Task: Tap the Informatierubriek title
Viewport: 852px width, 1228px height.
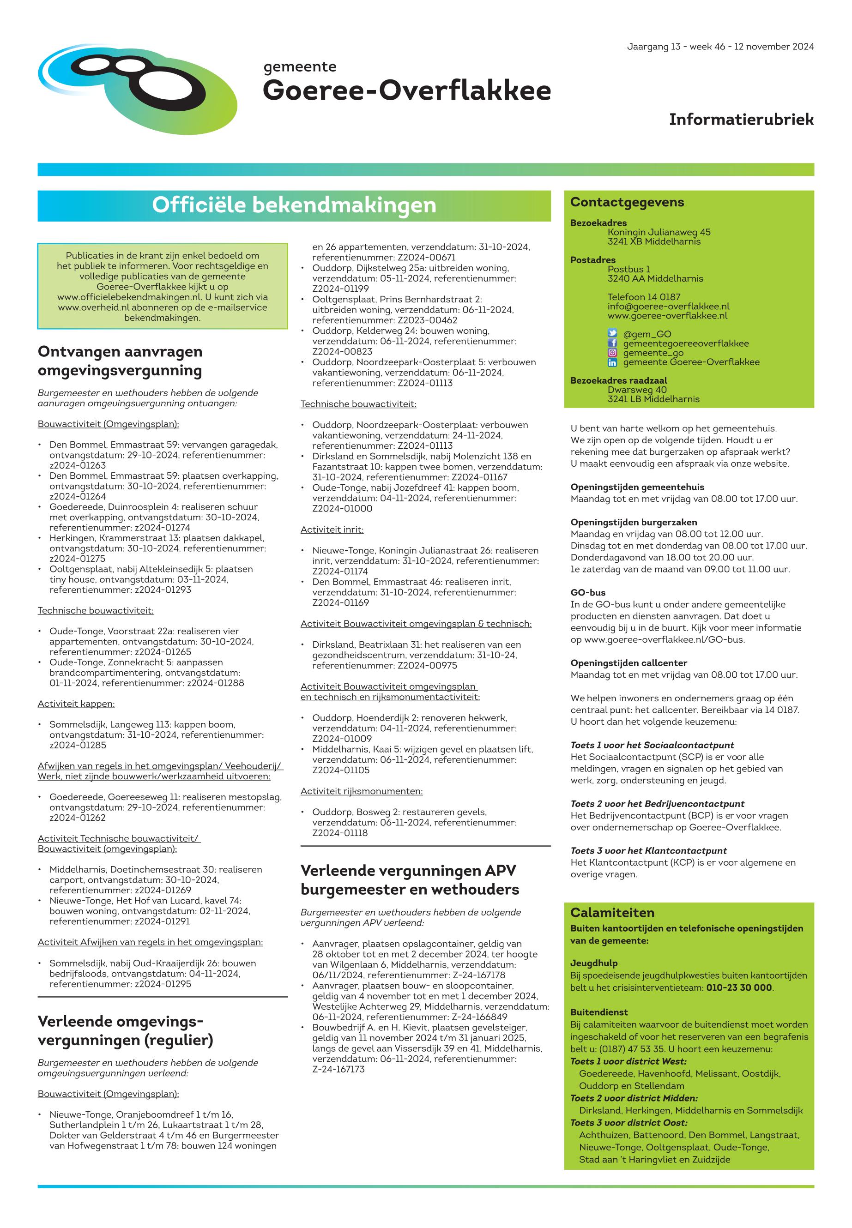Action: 741,120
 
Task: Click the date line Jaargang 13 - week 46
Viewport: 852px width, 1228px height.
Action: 720,47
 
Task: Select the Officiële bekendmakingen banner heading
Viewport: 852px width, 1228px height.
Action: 294,205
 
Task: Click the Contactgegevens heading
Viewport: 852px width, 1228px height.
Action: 627,202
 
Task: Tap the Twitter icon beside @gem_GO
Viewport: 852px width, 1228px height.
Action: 612,334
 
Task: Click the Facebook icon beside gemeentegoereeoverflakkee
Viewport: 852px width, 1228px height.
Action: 612,343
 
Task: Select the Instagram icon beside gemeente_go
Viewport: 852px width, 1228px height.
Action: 612,353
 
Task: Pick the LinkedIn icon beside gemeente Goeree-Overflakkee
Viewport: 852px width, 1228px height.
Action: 612,362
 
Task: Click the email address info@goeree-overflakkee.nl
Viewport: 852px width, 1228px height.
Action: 668,307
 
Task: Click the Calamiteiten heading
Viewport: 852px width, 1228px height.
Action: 612,913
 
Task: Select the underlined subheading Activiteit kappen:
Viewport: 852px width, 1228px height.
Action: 76,704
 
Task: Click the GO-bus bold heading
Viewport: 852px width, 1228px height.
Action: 588,593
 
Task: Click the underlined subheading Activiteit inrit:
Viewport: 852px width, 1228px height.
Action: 332,530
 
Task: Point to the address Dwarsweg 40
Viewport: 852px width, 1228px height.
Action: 637,390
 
